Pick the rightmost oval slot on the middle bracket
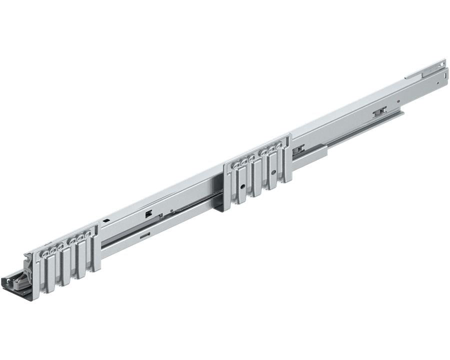tap(279, 146)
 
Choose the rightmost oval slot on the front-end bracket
tap(88, 234)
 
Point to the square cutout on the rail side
tap(148, 213)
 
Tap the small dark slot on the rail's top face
tap(106, 220)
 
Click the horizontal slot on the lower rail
tap(145, 234)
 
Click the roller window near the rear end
tap(379, 111)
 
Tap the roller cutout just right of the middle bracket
tap(299, 148)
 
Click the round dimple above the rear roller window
tap(398, 101)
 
